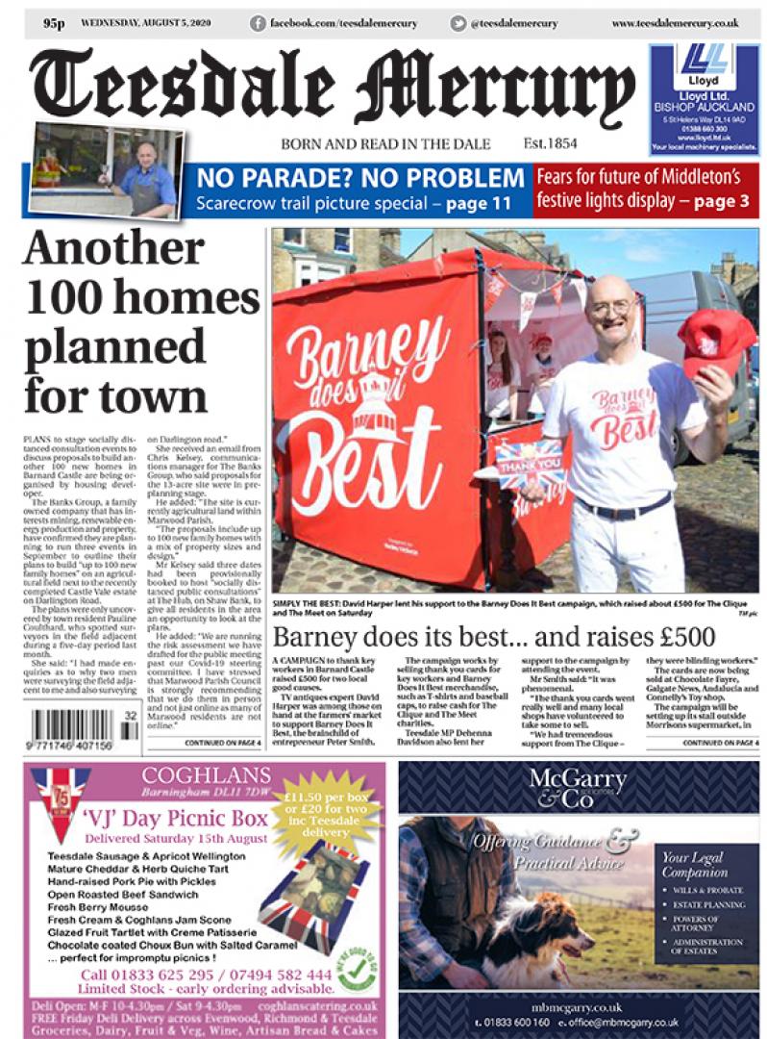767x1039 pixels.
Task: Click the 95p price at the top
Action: pos(55,23)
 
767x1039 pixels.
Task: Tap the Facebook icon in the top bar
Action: pos(258,23)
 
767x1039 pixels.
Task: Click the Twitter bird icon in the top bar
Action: pos(459,23)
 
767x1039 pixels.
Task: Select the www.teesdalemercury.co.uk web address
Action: pos(675,23)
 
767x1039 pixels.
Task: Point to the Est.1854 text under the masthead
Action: pos(551,143)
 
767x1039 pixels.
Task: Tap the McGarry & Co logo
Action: pos(577,788)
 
